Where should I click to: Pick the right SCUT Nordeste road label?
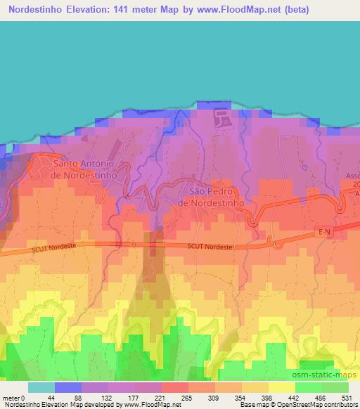click(x=211, y=245)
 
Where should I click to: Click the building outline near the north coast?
click(x=222, y=117)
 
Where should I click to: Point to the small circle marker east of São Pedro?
click(x=304, y=167)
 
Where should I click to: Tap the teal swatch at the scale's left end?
click(x=41, y=387)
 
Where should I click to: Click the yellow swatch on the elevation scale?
click(x=281, y=387)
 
